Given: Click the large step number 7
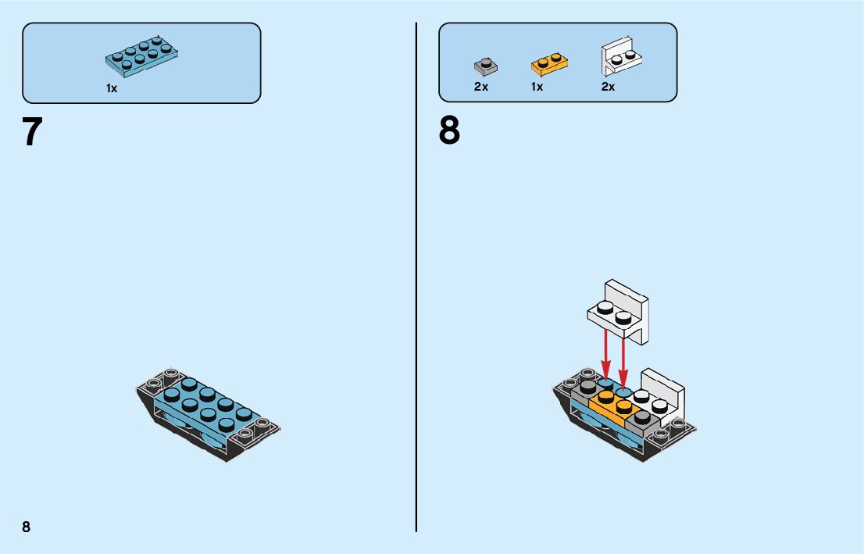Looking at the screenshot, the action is [x=32, y=134].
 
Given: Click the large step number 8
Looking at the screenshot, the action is [x=449, y=132].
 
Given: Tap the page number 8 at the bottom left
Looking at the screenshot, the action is [x=27, y=527].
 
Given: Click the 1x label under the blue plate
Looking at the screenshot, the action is [x=112, y=89].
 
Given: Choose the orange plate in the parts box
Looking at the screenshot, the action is [x=549, y=62].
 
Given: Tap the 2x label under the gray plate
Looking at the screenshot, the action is [x=481, y=87].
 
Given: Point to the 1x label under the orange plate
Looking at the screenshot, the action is [x=537, y=87].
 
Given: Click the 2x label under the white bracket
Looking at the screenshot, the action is [x=608, y=87].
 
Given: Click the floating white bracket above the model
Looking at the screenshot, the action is [x=619, y=309].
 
